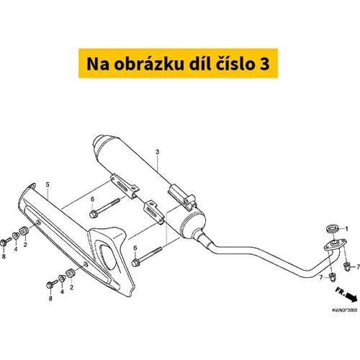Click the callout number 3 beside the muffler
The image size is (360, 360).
coord(157,152)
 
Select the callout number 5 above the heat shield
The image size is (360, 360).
coord(48,184)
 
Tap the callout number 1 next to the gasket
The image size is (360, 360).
coord(346,229)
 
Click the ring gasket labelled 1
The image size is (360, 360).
coord(333,228)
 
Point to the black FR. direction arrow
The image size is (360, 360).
coord(351,297)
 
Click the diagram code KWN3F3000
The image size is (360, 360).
coord(345,310)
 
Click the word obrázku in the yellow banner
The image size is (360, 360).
coord(149,64)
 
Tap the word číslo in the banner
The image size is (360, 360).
coord(233,64)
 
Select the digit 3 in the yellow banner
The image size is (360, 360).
coord(264,64)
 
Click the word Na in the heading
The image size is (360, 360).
coord(98,64)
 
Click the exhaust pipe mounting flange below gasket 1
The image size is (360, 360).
coord(335,244)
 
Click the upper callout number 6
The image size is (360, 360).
coord(92,199)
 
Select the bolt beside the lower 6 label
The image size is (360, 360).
coord(147,256)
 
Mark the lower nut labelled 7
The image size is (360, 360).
coord(333,277)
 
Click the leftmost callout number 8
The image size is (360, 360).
coord(4,256)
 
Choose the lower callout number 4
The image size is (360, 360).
coord(62,292)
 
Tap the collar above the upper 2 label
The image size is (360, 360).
coord(24,231)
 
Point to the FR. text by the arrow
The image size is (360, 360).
coord(340,292)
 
